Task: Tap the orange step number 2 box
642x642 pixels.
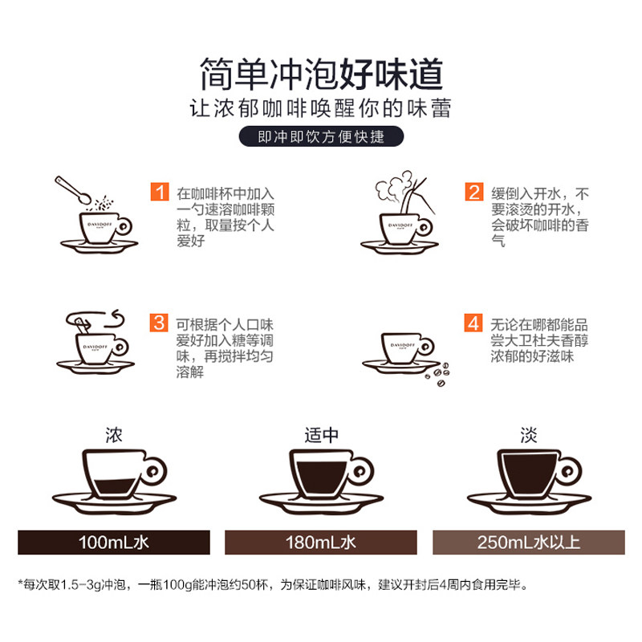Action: pyautogui.click(x=474, y=193)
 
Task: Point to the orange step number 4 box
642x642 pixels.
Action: pyautogui.click(x=474, y=324)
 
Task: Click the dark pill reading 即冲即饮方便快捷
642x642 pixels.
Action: pyautogui.click(x=321, y=137)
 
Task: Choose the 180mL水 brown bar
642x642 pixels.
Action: pyautogui.click(x=321, y=542)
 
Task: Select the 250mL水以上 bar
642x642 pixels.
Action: pyautogui.click(x=528, y=542)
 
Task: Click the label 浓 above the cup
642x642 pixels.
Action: pyautogui.click(x=114, y=434)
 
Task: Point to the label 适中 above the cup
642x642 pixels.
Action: pyautogui.click(x=321, y=434)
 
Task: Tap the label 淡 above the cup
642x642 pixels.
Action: pyautogui.click(x=527, y=434)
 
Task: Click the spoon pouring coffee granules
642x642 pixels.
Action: pyautogui.click(x=76, y=189)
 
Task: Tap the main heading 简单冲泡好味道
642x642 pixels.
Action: pyautogui.click(x=321, y=75)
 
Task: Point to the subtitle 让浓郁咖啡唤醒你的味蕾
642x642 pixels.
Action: pyautogui.click(x=321, y=108)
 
